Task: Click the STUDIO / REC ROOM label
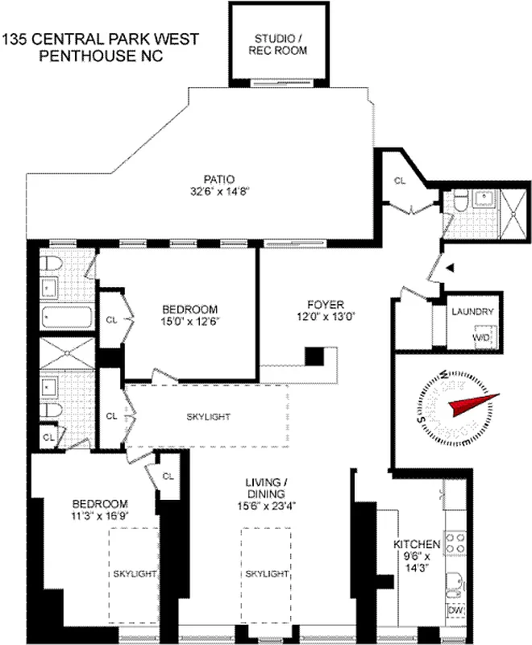(x=281, y=44)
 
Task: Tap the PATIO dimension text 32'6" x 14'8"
(x=218, y=191)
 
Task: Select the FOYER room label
(x=325, y=305)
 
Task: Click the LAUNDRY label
(x=472, y=312)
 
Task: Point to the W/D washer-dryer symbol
(x=481, y=337)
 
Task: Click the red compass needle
(x=476, y=402)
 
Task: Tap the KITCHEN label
(x=418, y=544)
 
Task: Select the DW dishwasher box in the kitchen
(x=455, y=611)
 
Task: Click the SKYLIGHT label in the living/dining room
(x=266, y=573)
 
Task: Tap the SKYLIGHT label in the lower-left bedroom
(x=134, y=573)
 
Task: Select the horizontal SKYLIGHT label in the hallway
(x=208, y=417)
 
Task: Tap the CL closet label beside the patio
(x=400, y=181)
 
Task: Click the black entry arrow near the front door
(x=451, y=267)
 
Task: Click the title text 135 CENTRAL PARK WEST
(x=101, y=39)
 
